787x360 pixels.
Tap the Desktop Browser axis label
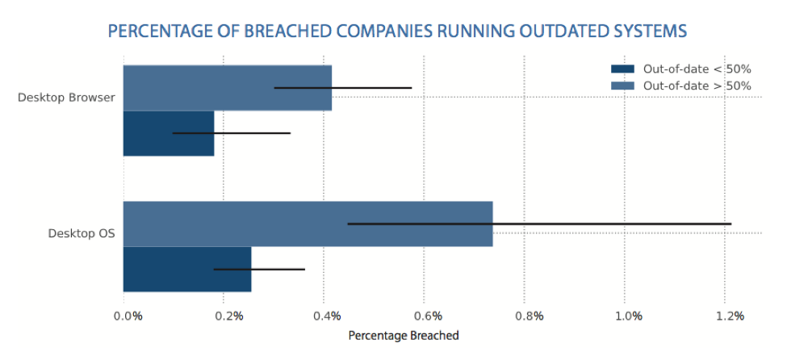(x=66, y=98)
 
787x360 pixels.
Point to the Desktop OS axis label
(x=82, y=234)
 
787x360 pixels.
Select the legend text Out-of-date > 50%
(x=697, y=85)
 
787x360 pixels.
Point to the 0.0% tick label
(x=128, y=316)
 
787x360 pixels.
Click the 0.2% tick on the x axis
(x=228, y=316)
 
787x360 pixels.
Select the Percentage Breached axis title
(x=403, y=335)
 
